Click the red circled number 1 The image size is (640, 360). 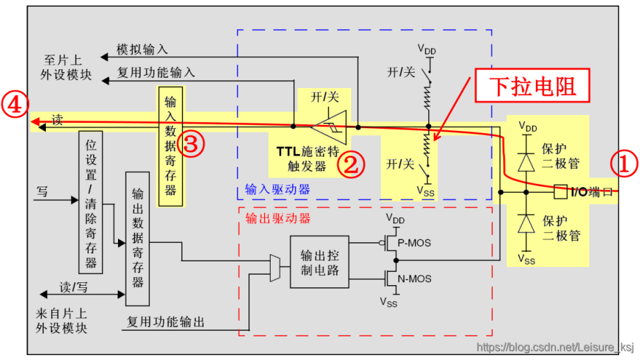pyautogui.click(x=623, y=164)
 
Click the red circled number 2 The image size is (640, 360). pyautogui.click(x=351, y=164)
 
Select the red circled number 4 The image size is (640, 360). pyautogui.click(x=15, y=105)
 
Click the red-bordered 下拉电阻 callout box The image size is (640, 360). pyautogui.click(x=533, y=87)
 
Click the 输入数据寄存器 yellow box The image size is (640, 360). pyautogui.click(x=171, y=146)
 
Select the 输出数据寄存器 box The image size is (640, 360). pyautogui.click(x=137, y=239)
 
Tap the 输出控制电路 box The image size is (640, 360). pyautogui.click(x=319, y=261)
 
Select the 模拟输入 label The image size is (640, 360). pyautogui.click(x=142, y=50)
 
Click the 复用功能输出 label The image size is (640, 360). pyautogui.click(x=166, y=322)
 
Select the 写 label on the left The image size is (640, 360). pyautogui.click(x=42, y=192)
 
